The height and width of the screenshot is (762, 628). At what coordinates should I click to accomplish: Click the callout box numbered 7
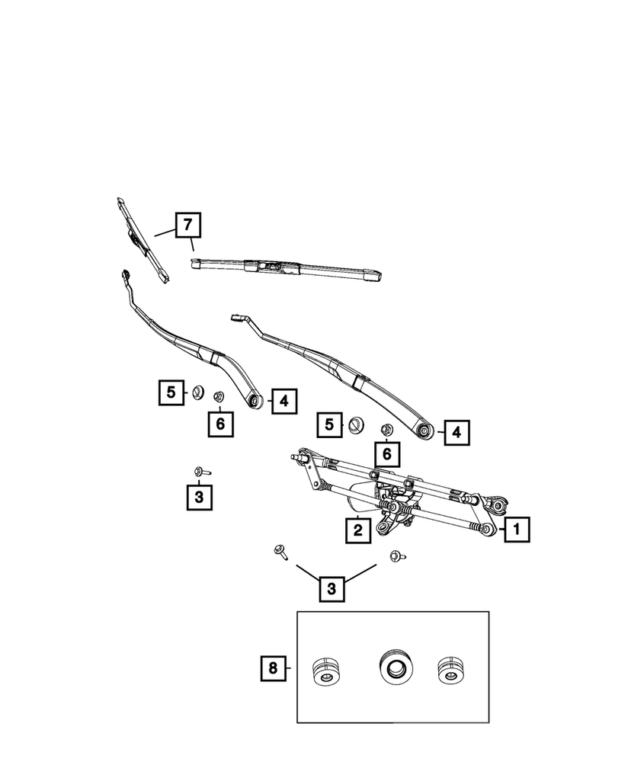(x=188, y=225)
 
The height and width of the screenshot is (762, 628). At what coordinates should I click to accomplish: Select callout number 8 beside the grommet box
(x=272, y=668)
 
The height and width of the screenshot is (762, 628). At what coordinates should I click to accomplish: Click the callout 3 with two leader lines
(x=331, y=588)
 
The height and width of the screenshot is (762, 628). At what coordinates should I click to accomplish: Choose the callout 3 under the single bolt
(x=199, y=497)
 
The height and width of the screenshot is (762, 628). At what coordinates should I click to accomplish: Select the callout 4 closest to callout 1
(x=457, y=433)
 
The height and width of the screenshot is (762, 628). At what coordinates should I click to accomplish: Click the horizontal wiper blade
(x=286, y=268)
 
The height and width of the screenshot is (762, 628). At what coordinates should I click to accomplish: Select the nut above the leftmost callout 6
(x=218, y=396)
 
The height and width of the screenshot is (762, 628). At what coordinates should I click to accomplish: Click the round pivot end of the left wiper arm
(x=256, y=399)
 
